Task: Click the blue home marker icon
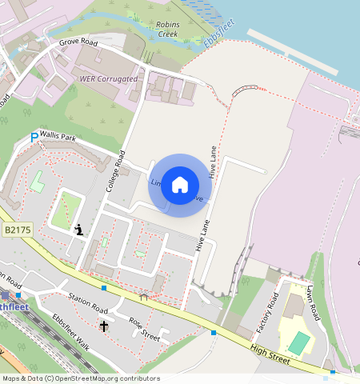click(x=180, y=185)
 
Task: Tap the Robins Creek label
click(x=167, y=30)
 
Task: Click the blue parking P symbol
click(x=34, y=138)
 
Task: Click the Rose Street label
click(x=145, y=327)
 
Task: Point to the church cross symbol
click(x=103, y=326)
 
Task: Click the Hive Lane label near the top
click(x=212, y=161)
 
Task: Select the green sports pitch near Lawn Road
click(x=299, y=343)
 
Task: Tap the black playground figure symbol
click(x=78, y=230)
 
